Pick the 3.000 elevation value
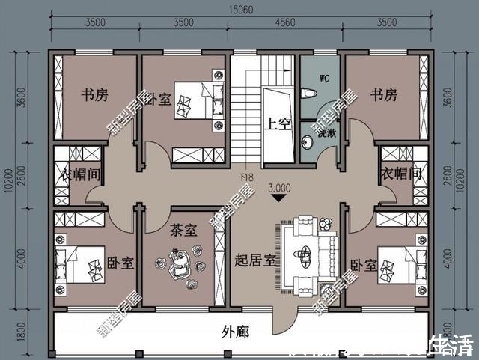(279, 188)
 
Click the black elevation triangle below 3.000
(279, 199)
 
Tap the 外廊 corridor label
(237, 331)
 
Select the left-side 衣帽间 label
(79, 173)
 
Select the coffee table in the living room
(304, 254)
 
